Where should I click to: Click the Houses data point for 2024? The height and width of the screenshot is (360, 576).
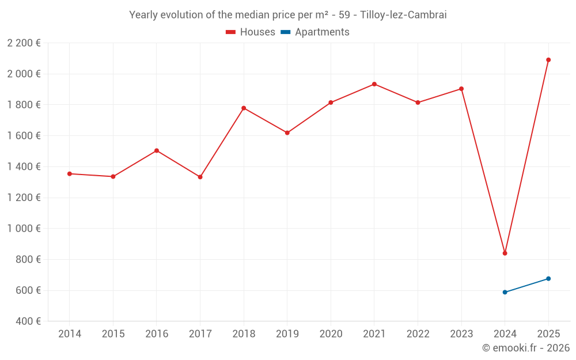click(x=505, y=253)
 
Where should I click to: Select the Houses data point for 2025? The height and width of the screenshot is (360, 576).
click(x=548, y=60)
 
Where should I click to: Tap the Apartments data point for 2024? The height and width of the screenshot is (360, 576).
click(x=505, y=292)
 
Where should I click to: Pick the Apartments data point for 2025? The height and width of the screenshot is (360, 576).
click(x=548, y=279)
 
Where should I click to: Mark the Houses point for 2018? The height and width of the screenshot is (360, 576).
click(x=244, y=108)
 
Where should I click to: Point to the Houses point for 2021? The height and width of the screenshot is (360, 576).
click(x=374, y=84)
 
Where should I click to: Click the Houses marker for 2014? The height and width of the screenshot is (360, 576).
click(x=69, y=173)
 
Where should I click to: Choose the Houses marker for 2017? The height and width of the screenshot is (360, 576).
click(x=200, y=177)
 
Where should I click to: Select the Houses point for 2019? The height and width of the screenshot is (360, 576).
click(x=287, y=133)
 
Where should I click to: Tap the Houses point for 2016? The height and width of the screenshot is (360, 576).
click(x=157, y=151)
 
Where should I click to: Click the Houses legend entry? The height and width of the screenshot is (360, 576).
click(x=251, y=32)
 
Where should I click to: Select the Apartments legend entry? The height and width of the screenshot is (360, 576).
click(x=315, y=32)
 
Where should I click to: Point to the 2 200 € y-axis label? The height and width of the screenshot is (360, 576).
click(x=24, y=43)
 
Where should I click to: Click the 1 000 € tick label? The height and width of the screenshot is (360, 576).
click(x=24, y=228)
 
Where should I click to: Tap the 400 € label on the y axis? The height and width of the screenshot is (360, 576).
click(x=26, y=321)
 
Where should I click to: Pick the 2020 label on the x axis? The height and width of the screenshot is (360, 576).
click(x=331, y=334)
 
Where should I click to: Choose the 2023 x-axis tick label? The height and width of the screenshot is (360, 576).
click(x=461, y=334)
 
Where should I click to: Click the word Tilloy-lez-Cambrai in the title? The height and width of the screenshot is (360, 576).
click(x=403, y=15)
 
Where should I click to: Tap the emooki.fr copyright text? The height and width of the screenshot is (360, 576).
click(x=526, y=348)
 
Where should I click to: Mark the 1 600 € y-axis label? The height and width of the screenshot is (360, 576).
click(x=24, y=135)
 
